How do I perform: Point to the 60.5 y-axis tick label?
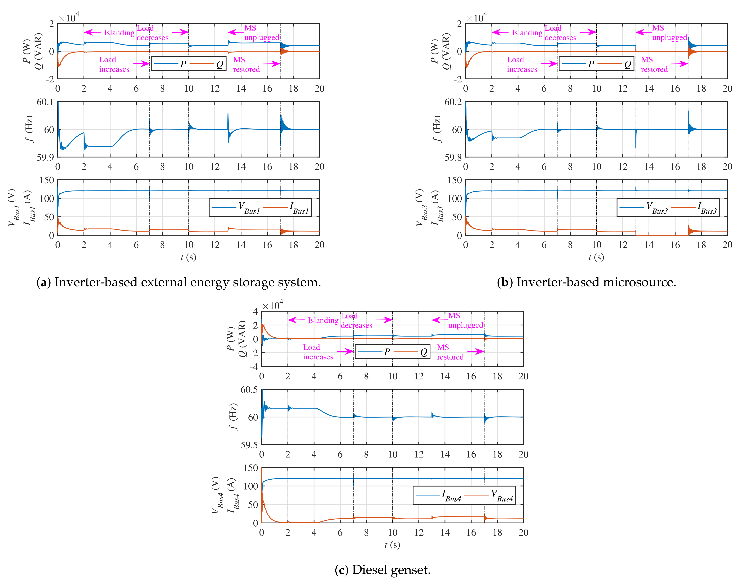(249, 390)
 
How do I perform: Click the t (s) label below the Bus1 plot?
(188, 257)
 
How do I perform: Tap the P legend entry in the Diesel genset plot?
(387, 352)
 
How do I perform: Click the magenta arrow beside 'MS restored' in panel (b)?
(679, 64)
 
